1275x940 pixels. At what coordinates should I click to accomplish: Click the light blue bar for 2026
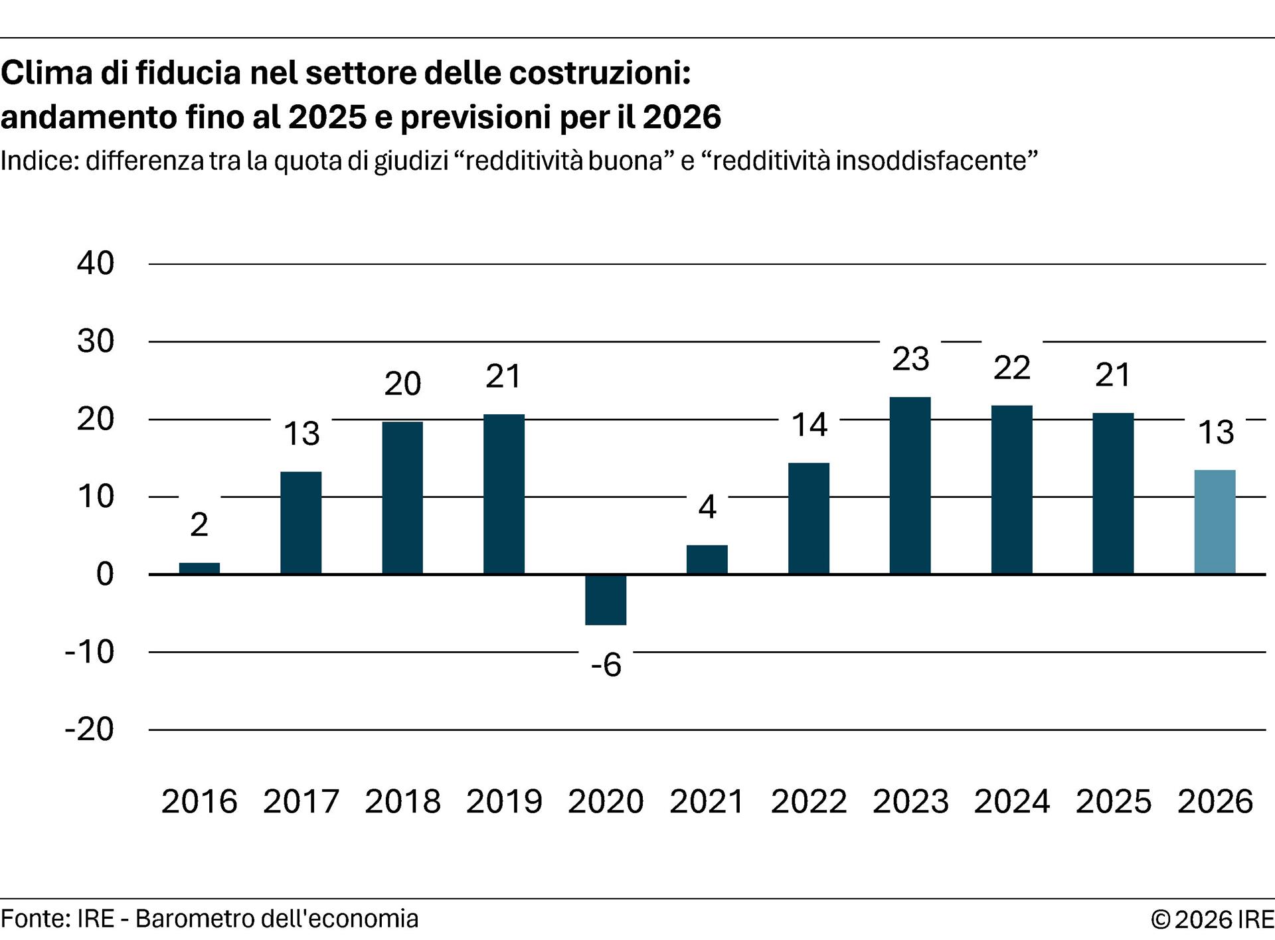[1215, 522]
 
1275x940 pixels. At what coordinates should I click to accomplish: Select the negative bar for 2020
[606, 599]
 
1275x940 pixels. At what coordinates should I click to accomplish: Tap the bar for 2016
[199, 568]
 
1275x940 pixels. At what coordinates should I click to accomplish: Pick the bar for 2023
[910, 485]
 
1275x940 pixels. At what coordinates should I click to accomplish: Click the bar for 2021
[707, 559]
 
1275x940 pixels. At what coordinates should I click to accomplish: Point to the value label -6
[606, 665]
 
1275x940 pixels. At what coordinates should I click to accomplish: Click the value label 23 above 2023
[910, 359]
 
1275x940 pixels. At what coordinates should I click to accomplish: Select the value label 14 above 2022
[809, 425]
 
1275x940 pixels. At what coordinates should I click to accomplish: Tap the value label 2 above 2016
[199, 525]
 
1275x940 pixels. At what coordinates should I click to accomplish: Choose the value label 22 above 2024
[1011, 368]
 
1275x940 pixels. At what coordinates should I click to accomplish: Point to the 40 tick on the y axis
[96, 264]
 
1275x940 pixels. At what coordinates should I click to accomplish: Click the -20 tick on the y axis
[90, 730]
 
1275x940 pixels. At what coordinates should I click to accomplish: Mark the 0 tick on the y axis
[105, 574]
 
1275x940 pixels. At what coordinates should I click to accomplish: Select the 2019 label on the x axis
[504, 801]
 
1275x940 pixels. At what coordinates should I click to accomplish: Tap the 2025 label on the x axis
[1113, 801]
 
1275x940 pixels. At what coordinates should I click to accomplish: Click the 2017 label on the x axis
[301, 801]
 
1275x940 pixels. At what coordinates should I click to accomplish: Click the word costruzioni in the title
[600, 73]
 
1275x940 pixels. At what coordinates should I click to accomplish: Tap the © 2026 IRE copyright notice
[1212, 919]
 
